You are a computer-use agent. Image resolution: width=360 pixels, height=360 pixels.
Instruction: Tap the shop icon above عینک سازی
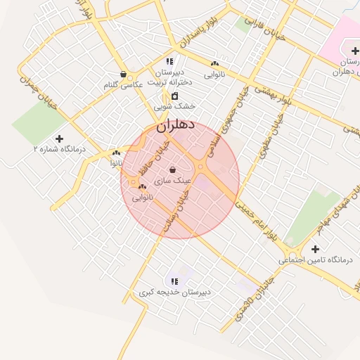[x=173, y=170]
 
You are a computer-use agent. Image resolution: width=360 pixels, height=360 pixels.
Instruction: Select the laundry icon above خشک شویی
[x=175, y=96]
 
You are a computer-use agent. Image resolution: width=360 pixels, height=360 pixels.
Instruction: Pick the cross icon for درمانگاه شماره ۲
[x=59, y=139]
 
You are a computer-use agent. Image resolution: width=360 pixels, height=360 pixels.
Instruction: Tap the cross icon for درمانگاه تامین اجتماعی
[x=315, y=249]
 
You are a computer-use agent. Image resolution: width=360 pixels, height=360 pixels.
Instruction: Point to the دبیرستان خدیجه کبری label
[x=174, y=292]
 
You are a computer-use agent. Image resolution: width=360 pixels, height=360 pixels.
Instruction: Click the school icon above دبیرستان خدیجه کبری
[x=174, y=281]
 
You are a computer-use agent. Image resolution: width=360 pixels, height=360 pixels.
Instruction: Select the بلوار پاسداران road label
[x=205, y=37]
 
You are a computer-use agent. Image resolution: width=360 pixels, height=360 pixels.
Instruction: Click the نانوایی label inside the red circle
[x=142, y=198]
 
